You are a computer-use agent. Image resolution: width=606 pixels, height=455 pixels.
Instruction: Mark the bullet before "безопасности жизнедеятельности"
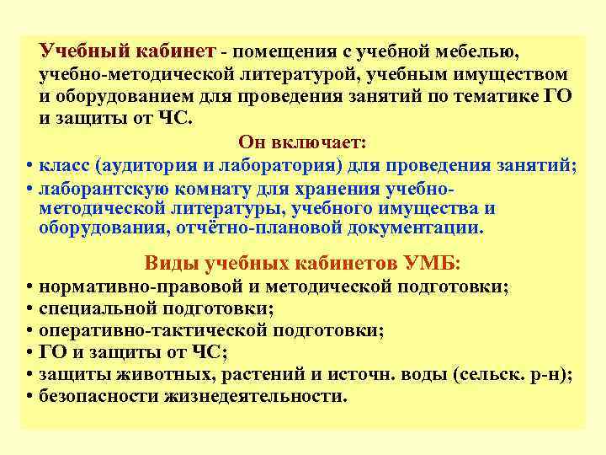tap(29, 397)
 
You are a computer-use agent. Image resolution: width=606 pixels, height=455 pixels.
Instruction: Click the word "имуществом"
tap(514, 74)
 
